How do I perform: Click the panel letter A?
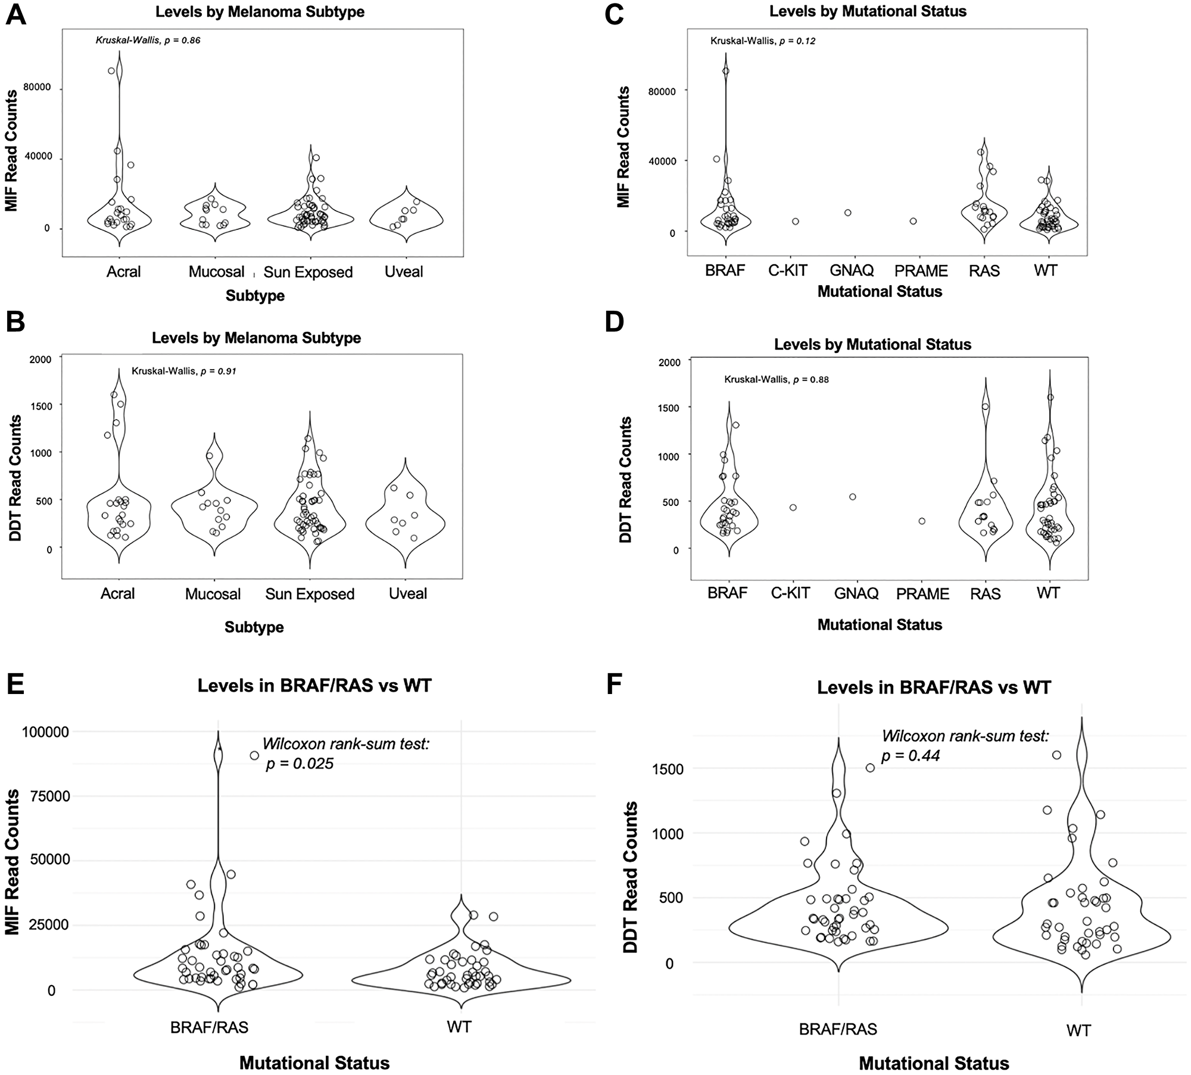(x=16, y=14)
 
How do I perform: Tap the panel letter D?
(x=614, y=322)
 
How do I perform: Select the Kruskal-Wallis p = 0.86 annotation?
(x=148, y=40)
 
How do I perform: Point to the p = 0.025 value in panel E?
(x=300, y=764)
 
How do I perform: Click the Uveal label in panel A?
(x=404, y=272)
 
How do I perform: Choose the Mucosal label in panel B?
(x=213, y=594)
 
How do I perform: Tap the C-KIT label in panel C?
(x=787, y=271)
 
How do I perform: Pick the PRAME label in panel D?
(x=922, y=594)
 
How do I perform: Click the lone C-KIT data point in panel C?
(x=795, y=221)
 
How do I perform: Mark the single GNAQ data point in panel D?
(x=852, y=497)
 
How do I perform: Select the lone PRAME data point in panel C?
(x=913, y=221)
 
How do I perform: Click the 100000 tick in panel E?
(x=46, y=732)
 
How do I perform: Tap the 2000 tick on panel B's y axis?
(x=41, y=359)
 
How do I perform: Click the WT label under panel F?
(x=1078, y=1030)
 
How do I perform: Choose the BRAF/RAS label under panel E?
(x=209, y=1027)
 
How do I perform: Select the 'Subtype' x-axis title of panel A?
(x=255, y=296)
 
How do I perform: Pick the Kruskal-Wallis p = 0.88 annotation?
(x=776, y=379)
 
